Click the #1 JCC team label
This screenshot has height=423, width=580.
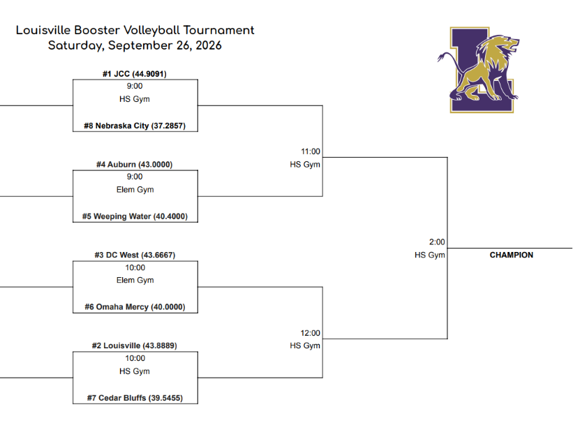[134, 74]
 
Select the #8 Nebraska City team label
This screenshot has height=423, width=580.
[135, 126]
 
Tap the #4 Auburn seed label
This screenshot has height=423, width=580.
[134, 164]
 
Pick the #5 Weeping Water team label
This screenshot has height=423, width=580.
[135, 216]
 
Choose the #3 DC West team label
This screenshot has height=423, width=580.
[135, 255]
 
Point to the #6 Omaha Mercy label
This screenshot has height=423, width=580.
[135, 307]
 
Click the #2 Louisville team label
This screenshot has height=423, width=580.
[134, 346]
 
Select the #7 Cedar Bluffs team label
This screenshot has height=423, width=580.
[135, 398]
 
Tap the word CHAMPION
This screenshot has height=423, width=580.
[511, 255]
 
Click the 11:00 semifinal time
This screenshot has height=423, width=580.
[311, 151]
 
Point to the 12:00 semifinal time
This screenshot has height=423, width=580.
[310, 333]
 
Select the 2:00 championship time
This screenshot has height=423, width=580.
[437, 242]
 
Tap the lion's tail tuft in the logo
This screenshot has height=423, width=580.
[441, 57]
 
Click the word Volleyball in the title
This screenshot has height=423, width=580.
[151, 30]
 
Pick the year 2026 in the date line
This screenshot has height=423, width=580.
[209, 45]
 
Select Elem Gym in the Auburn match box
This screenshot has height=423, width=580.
[135, 190]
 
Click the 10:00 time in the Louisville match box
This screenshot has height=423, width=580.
[135, 358]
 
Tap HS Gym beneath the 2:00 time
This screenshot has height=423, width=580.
[430, 255]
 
